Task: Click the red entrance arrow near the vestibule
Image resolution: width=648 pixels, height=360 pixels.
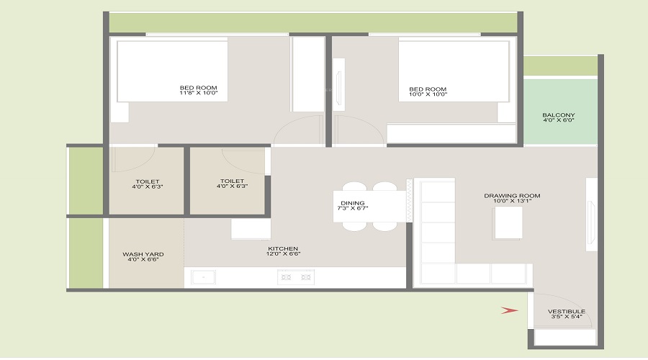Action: point(509,310)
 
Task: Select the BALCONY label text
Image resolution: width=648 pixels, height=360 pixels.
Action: point(559,115)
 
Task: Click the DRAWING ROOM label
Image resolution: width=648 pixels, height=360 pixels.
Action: point(512,196)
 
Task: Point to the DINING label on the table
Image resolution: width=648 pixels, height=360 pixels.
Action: point(353,203)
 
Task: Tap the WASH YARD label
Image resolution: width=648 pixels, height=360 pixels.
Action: point(143,254)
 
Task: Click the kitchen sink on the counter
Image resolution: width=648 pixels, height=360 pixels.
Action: point(204,276)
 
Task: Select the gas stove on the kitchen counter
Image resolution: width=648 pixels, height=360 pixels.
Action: point(295,276)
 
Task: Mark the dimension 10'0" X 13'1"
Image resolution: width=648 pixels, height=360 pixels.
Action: point(512,202)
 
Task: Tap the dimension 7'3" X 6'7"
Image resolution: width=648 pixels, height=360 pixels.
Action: point(353,209)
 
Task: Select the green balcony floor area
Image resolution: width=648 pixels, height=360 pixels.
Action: point(560,133)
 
